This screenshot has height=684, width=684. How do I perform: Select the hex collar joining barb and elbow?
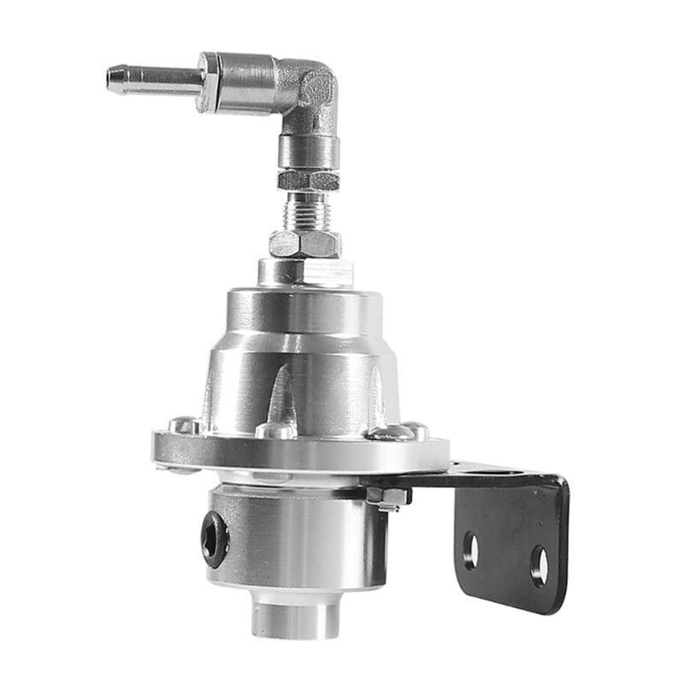pyautogui.click(x=208, y=82)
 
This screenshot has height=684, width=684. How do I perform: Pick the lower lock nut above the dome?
pyautogui.click(x=305, y=244)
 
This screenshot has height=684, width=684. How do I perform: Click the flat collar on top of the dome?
pyautogui.click(x=305, y=273)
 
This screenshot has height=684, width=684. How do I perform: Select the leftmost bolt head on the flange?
pyautogui.click(x=184, y=425)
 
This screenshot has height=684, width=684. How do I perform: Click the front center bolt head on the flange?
pyautogui.click(x=276, y=430)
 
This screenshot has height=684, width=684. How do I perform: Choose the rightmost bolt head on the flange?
pyautogui.click(x=414, y=430)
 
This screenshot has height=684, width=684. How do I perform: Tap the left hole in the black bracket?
pyautogui.click(x=470, y=550)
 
